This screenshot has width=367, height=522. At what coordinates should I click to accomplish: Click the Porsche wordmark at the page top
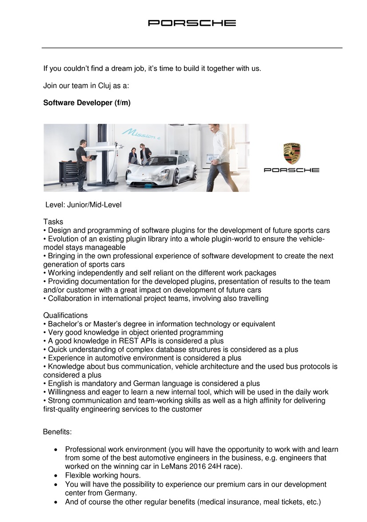[x=192, y=23]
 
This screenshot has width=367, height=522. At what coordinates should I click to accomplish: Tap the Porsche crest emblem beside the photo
[x=291, y=154]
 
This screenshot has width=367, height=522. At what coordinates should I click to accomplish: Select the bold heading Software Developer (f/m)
[x=87, y=103]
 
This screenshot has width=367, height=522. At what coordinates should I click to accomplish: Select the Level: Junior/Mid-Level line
[x=84, y=205]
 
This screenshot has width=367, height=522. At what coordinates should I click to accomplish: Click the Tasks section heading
[x=53, y=222]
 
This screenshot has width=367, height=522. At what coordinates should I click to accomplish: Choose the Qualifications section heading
[x=65, y=315]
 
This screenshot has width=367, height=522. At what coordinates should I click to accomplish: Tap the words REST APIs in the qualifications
[x=127, y=341]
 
